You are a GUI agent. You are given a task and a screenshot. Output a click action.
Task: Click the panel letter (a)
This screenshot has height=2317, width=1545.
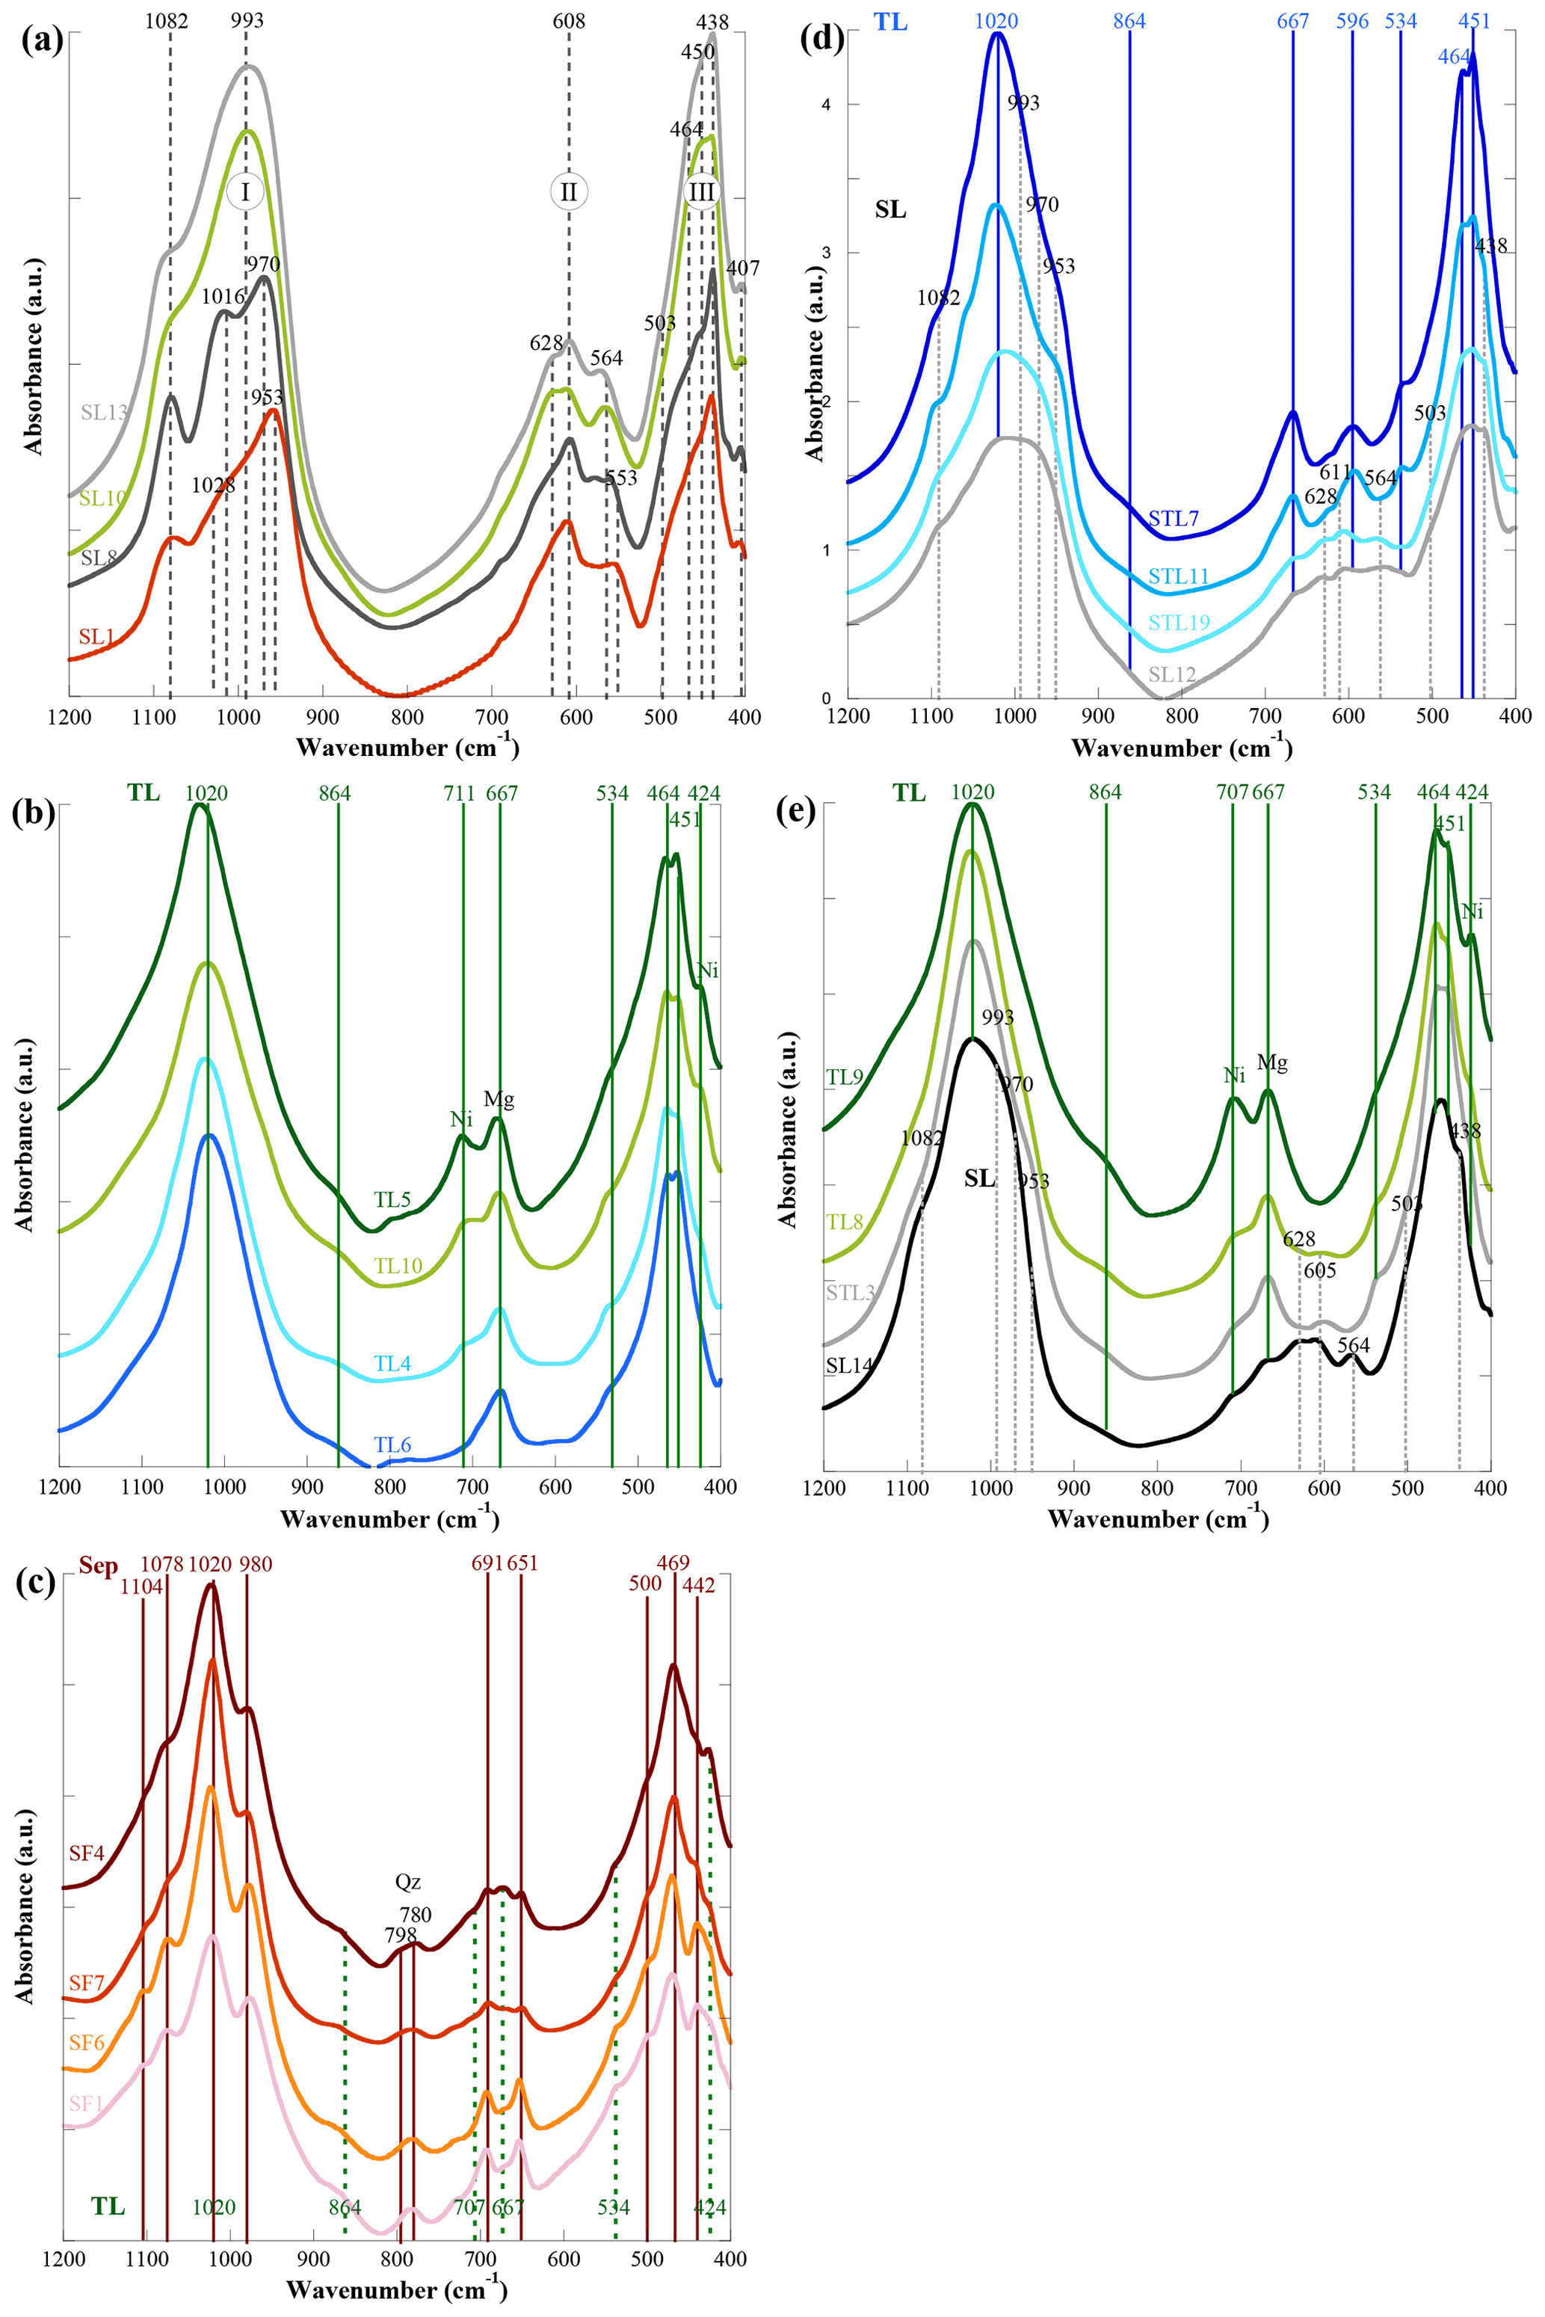pos(41,41)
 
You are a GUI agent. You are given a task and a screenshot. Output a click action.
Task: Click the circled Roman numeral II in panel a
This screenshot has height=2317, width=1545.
pos(569,192)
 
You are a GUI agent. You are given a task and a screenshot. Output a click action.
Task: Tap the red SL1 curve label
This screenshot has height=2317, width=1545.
pos(96,637)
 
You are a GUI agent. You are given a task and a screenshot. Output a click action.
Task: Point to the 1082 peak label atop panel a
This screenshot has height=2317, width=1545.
pos(167,21)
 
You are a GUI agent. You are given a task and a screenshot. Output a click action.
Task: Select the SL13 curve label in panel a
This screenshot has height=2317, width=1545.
pos(103,412)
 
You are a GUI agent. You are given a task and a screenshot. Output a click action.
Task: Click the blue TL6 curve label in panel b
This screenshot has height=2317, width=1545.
pos(392,1444)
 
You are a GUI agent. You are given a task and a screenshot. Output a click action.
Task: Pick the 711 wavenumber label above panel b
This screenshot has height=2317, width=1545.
pos(459,793)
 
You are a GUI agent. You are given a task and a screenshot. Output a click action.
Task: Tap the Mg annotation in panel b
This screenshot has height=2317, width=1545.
pos(499,1099)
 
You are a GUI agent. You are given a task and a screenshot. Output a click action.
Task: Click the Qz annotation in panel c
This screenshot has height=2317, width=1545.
pos(408,1881)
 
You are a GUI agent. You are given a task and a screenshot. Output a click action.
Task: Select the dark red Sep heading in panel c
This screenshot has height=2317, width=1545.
pos(99,1566)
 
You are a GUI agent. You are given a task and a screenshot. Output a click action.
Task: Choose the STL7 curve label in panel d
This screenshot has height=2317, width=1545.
pos(1174,518)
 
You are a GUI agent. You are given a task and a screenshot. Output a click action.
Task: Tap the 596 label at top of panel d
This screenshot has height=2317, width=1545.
pos(1352,21)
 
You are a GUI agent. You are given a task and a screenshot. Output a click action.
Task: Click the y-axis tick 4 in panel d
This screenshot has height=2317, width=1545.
pos(826,105)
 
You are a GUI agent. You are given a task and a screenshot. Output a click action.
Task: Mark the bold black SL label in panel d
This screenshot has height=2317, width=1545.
pos(889,210)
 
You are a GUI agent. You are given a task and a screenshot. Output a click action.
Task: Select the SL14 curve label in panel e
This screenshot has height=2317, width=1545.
pos(848,1365)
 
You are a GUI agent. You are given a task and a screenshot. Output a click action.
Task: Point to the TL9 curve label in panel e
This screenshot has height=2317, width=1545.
pos(845,1077)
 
